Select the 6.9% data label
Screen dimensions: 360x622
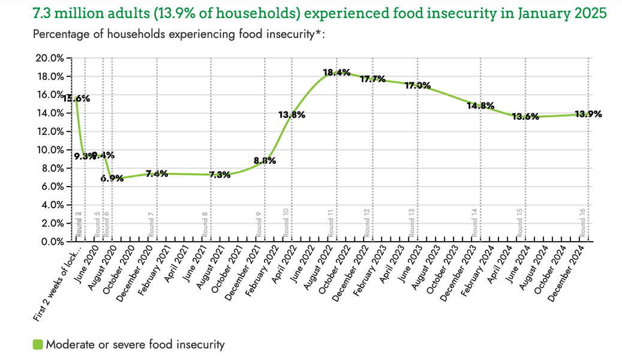point(112,178)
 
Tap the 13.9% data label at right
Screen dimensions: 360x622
point(588,114)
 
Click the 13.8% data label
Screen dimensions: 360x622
point(292,115)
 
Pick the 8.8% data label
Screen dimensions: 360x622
point(264,161)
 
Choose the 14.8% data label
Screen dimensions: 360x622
point(480,106)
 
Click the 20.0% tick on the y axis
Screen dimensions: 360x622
point(50,58)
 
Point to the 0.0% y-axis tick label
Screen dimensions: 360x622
point(53,241)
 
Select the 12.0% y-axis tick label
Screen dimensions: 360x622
point(50,131)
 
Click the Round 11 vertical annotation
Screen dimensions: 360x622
point(331,224)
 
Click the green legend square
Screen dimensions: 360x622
point(38,344)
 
